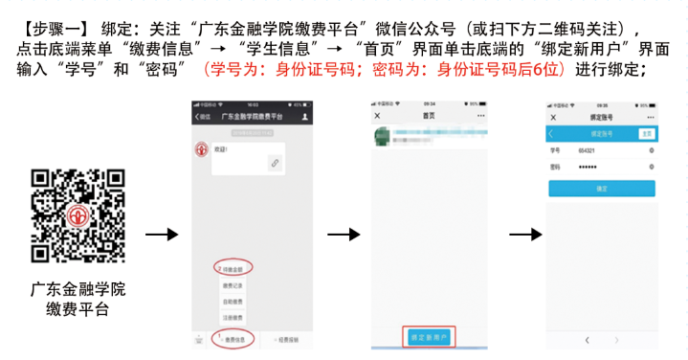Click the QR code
point(78,216)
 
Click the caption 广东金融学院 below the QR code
point(78,288)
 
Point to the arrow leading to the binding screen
point(522,235)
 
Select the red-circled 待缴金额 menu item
point(233,270)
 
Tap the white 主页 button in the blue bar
point(647,134)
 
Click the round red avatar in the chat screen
point(202,151)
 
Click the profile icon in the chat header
point(304,117)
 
